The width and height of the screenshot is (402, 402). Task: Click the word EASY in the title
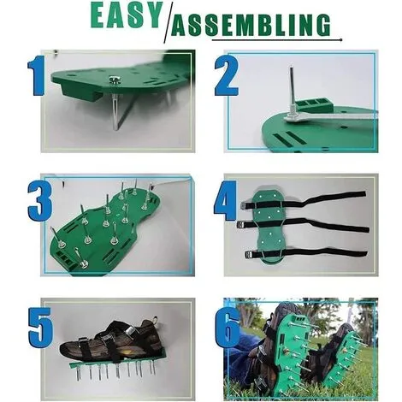(127, 15)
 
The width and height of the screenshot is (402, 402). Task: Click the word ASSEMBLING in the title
(251, 25)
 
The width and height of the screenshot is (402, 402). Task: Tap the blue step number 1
(37, 75)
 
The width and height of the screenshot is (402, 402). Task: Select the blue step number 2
(227, 75)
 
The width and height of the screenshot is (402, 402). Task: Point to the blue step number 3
(40, 200)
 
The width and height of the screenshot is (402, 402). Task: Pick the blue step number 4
(225, 201)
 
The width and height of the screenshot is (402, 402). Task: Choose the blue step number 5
(41, 327)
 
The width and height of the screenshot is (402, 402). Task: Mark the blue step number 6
(228, 328)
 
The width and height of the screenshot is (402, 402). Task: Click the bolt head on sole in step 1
(115, 80)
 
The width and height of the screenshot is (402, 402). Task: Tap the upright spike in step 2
(293, 88)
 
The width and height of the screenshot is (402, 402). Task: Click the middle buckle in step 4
(242, 225)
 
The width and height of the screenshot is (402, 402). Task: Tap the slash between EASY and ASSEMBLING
(168, 24)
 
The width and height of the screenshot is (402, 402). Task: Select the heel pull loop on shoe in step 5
(155, 320)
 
